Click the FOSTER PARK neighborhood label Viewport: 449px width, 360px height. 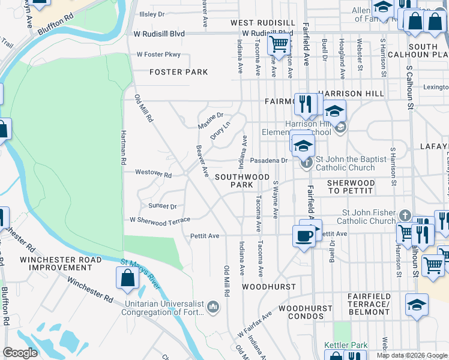[178, 72]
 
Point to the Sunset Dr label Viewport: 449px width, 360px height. [163, 206]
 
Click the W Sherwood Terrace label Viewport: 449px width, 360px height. [160, 220]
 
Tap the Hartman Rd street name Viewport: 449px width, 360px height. [124, 148]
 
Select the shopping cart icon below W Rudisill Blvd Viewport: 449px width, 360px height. [278, 43]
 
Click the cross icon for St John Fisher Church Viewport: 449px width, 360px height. [405, 216]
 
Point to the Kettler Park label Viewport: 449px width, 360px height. [345, 345]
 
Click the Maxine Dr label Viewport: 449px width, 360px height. [211, 119]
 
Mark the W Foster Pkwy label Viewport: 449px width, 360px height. [158, 54]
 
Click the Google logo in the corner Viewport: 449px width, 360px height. [20, 353]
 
